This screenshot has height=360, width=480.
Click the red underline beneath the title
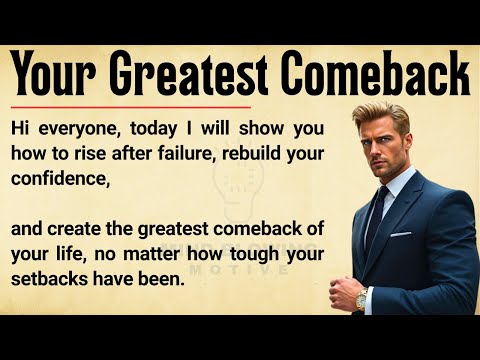pyautogui.click(x=130, y=106)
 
